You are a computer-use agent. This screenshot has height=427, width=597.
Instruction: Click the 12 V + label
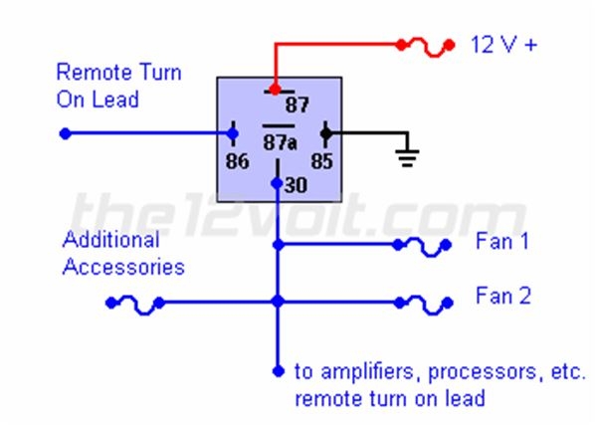(502, 45)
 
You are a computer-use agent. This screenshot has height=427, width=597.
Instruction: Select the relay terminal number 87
(298, 105)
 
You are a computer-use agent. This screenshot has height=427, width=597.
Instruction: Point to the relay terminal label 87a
(280, 143)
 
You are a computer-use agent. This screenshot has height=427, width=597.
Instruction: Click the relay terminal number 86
(237, 160)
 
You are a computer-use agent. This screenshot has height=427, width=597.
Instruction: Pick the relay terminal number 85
(322, 160)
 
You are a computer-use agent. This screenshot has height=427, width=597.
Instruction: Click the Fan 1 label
(502, 242)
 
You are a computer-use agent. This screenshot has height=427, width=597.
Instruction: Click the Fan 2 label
(502, 296)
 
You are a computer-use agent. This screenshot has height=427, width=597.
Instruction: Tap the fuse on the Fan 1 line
(422, 244)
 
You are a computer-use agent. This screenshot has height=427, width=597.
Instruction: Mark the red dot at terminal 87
(275, 90)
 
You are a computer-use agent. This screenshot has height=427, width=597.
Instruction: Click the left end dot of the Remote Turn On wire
(65, 132)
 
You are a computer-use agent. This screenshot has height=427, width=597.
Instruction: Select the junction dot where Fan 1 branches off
(278, 244)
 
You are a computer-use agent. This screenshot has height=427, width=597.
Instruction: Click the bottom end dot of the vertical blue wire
(278, 371)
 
